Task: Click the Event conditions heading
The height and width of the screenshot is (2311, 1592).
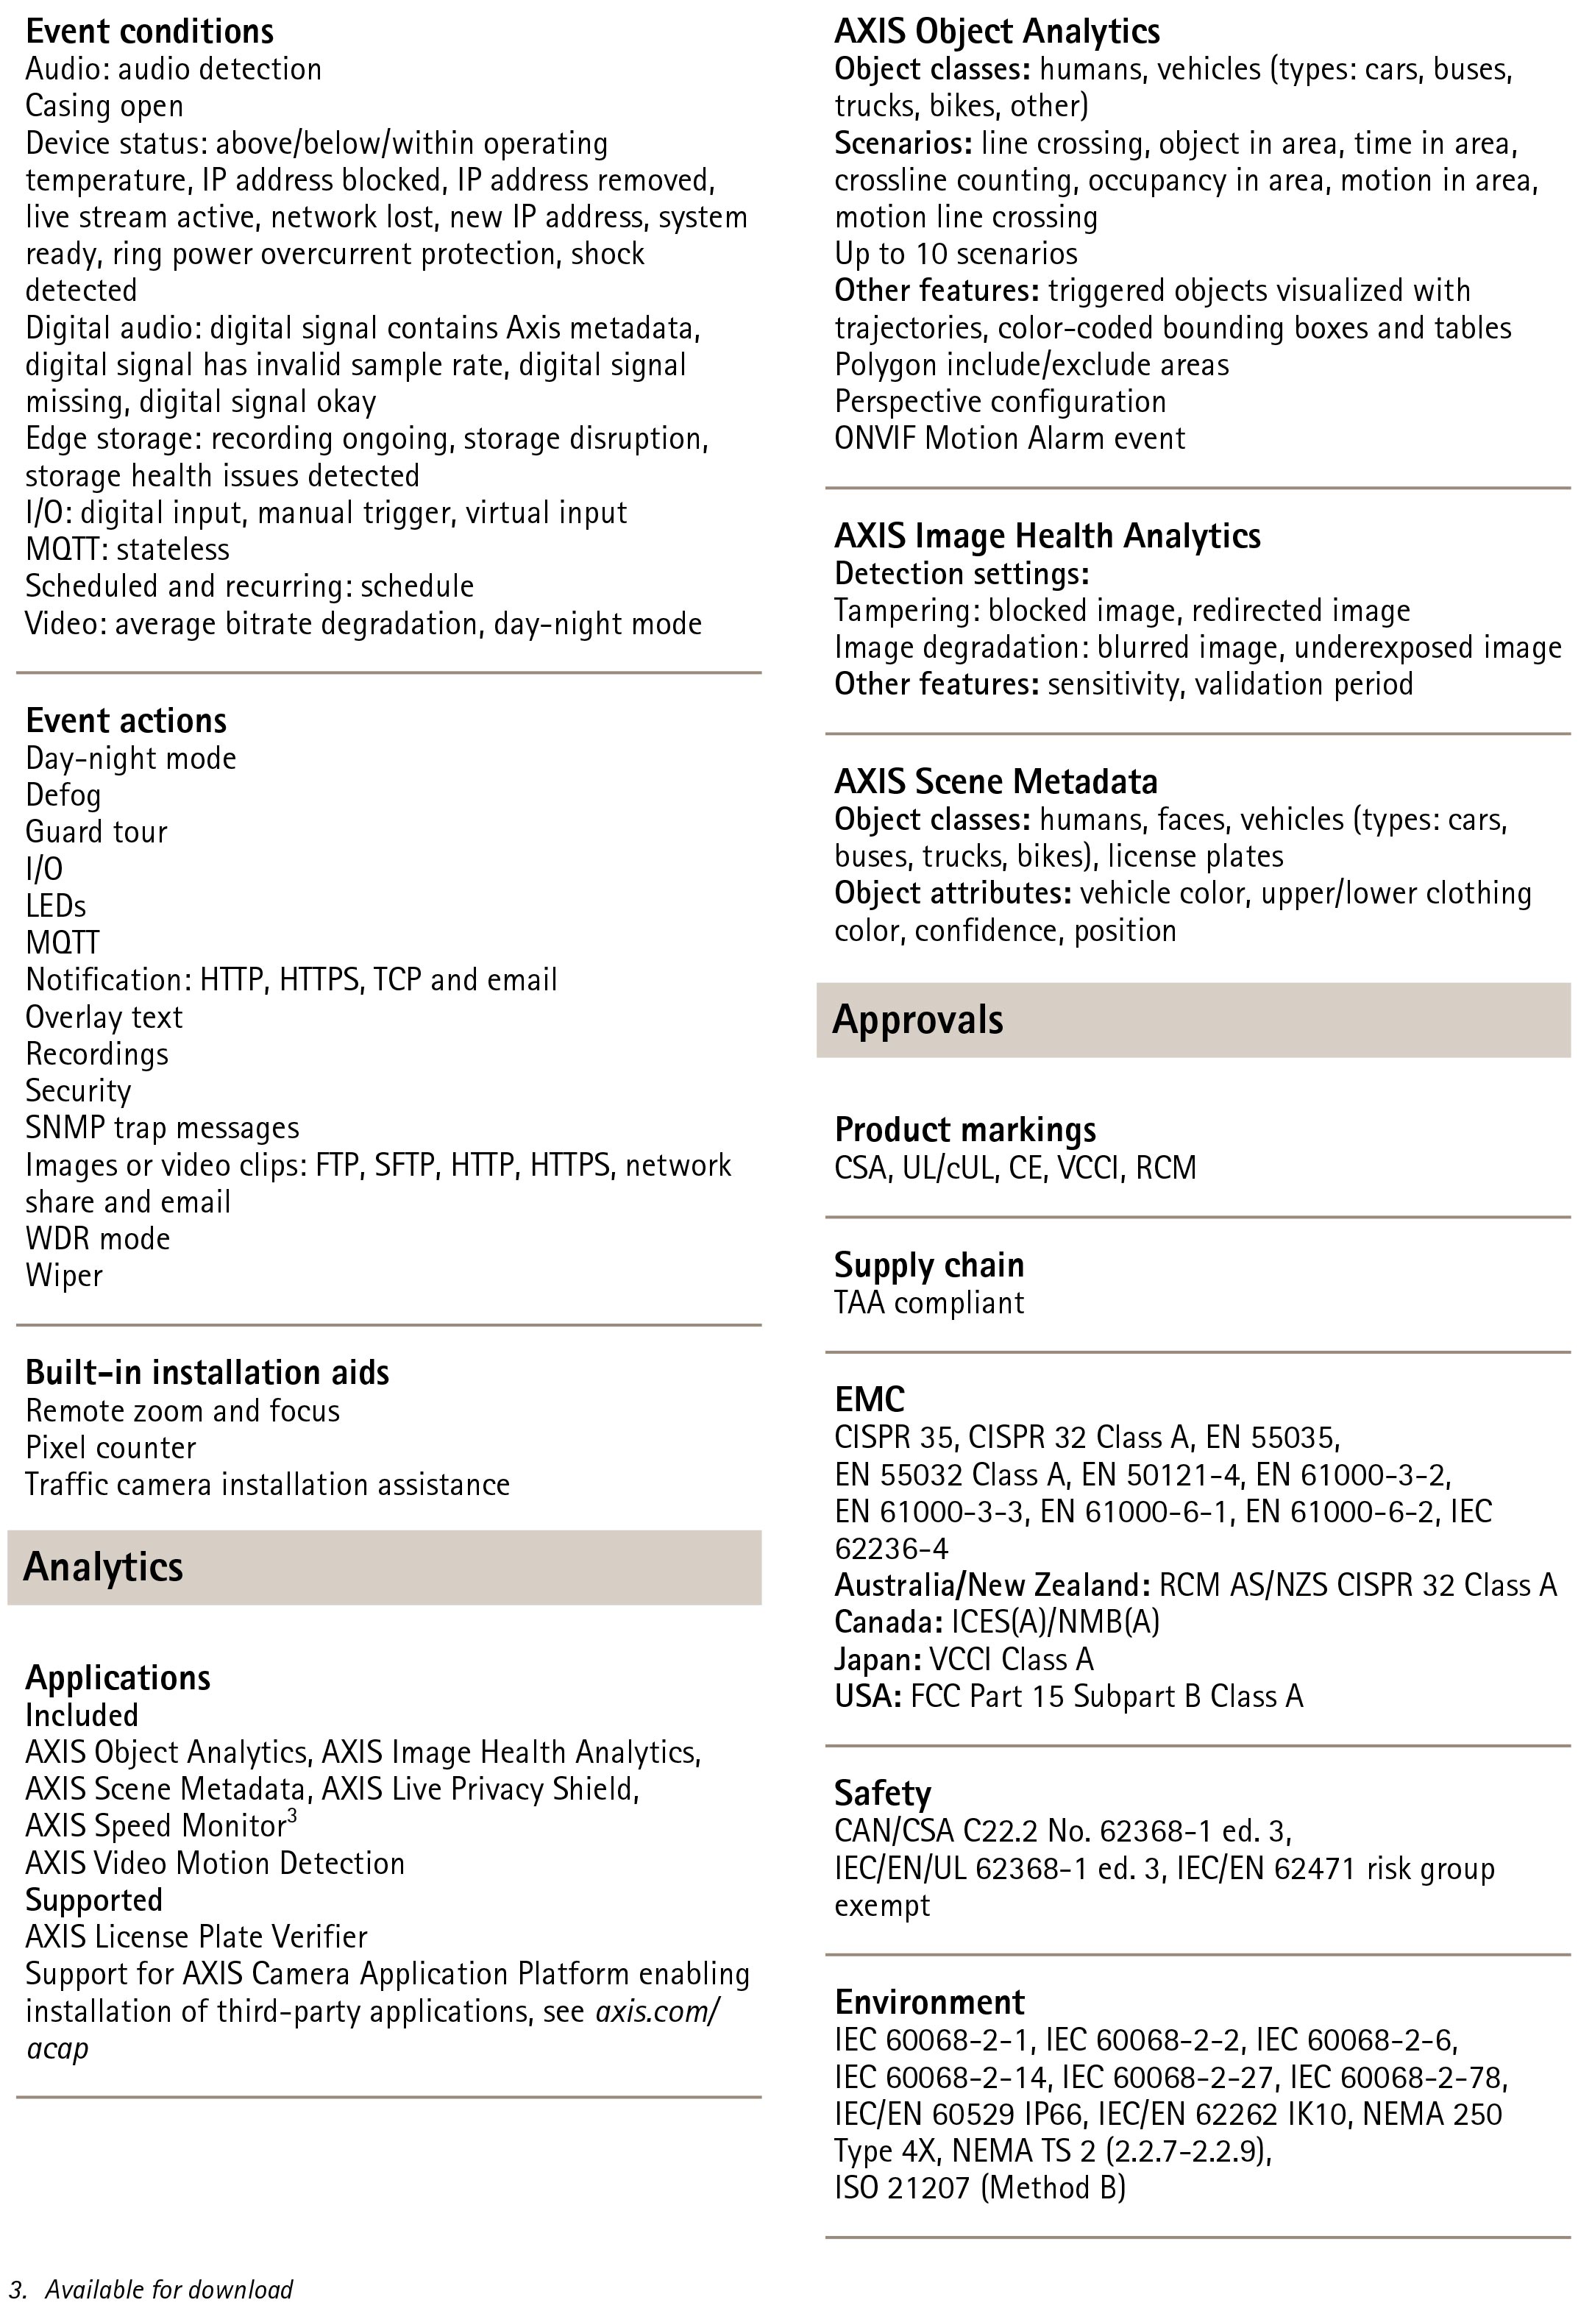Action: click(x=149, y=32)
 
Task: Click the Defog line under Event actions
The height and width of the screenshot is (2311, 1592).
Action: click(x=64, y=796)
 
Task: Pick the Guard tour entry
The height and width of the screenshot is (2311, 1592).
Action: click(x=97, y=833)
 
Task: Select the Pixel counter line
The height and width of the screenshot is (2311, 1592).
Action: click(x=111, y=1448)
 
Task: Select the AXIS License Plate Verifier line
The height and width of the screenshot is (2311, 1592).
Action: click(x=196, y=1937)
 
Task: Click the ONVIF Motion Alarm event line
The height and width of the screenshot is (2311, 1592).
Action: click(x=1009, y=439)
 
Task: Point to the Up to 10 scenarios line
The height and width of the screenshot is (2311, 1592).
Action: click(x=956, y=255)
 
